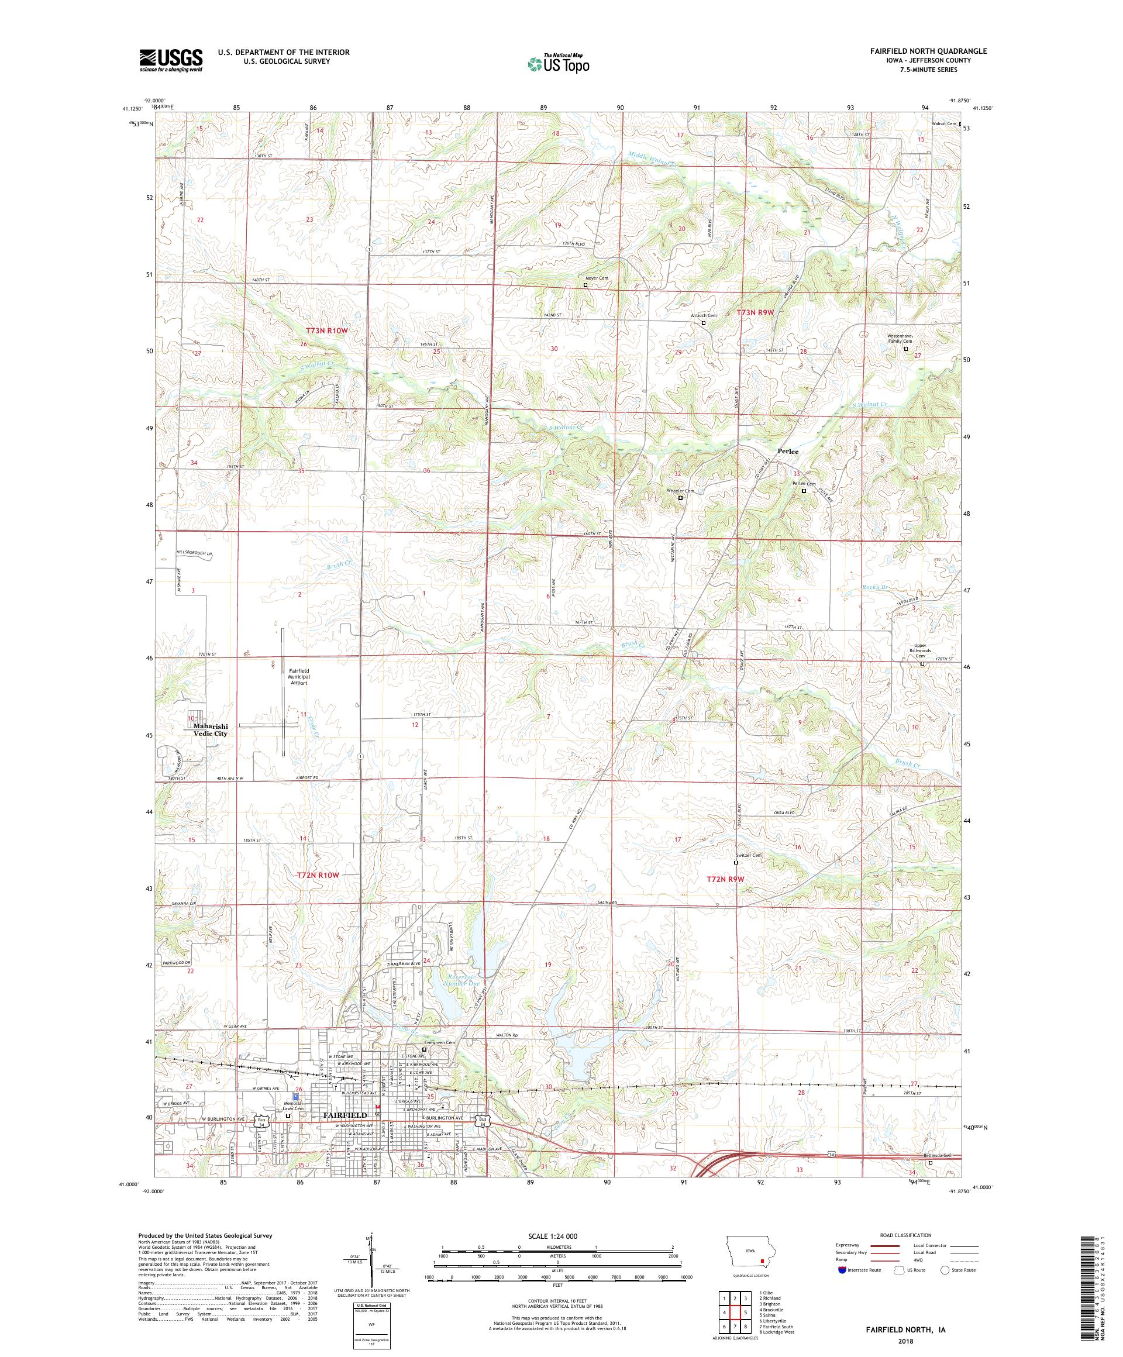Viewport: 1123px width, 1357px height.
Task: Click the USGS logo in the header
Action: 171,60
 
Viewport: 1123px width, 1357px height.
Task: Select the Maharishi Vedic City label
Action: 211,729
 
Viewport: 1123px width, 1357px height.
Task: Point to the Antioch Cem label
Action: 704,316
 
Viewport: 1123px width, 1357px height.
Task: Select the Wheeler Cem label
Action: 680,491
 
